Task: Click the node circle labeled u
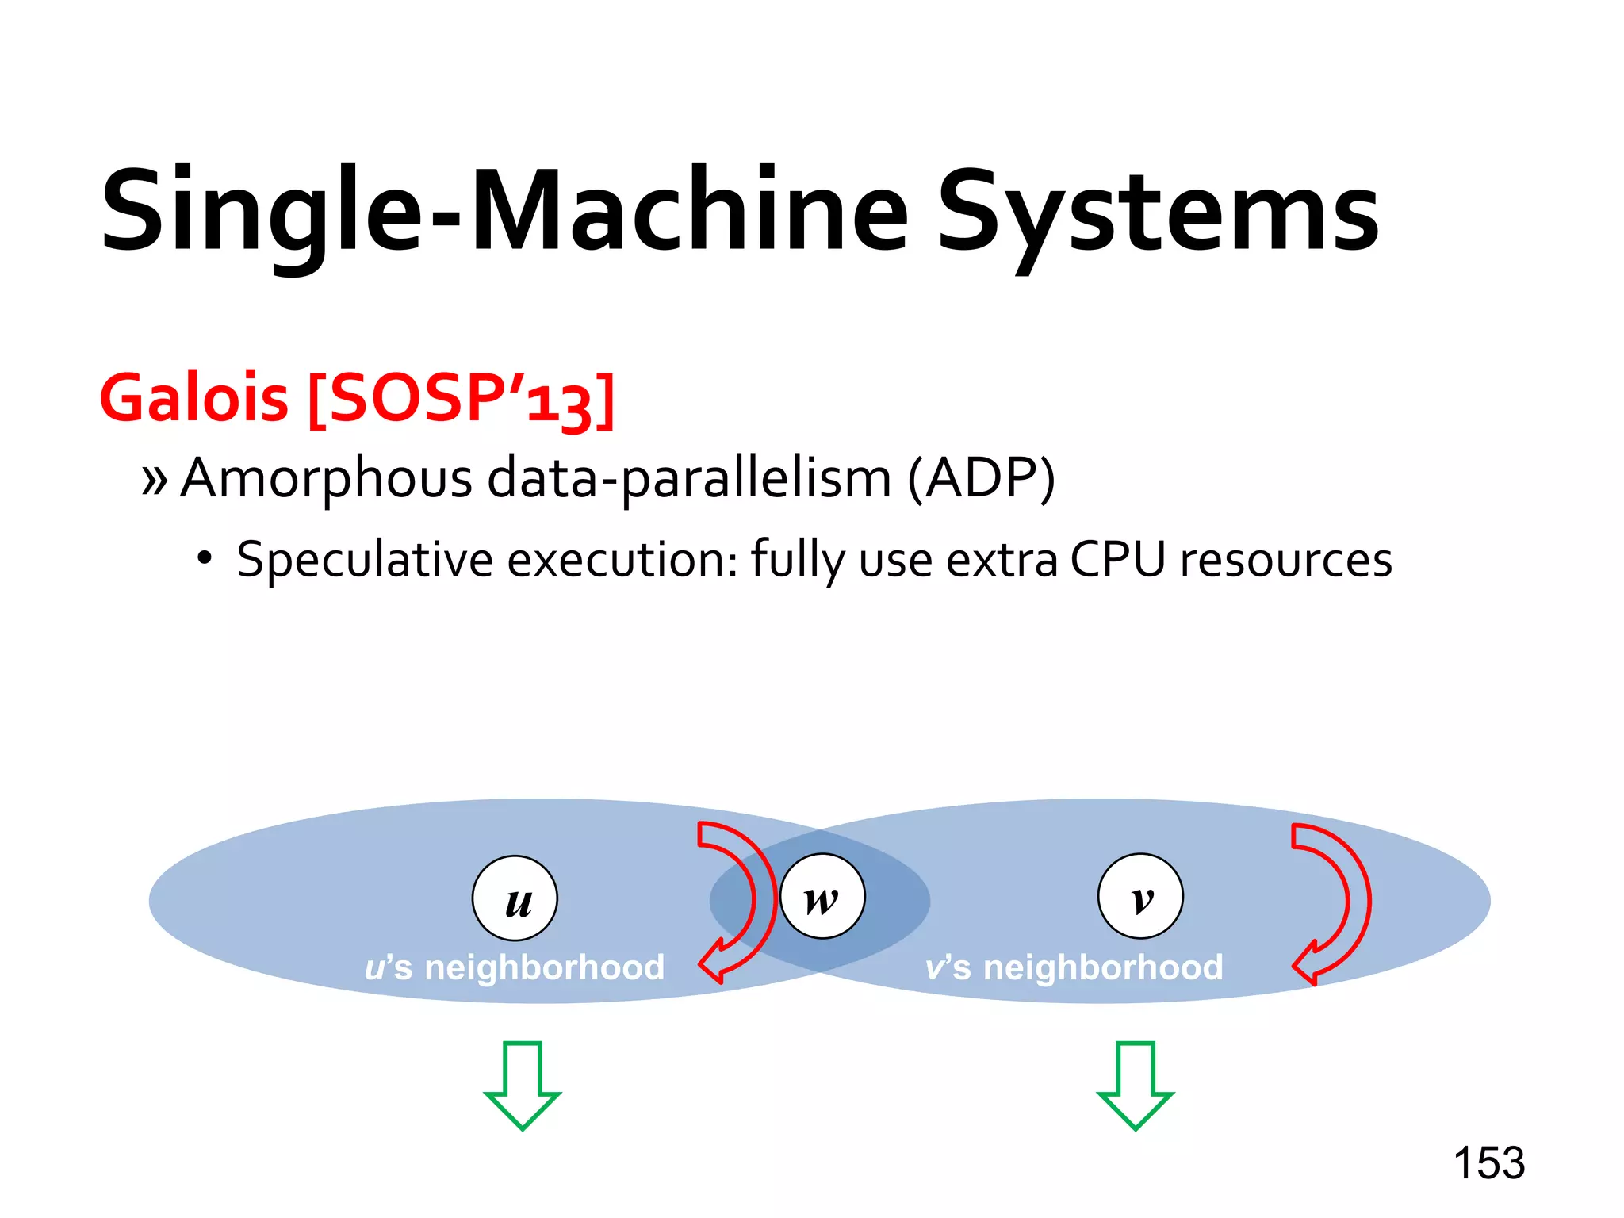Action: (x=515, y=898)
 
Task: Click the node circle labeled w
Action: (x=822, y=896)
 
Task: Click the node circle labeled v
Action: (x=1140, y=896)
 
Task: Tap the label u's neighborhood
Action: (x=514, y=967)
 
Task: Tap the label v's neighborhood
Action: (x=1074, y=967)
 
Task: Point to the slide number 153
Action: (x=1488, y=1163)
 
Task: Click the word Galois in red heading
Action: (x=194, y=397)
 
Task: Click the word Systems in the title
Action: (x=1158, y=213)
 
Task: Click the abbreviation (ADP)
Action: (x=981, y=478)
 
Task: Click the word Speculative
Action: (x=365, y=560)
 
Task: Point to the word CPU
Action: (x=1117, y=559)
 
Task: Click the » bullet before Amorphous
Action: (x=155, y=480)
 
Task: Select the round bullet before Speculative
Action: (x=205, y=558)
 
